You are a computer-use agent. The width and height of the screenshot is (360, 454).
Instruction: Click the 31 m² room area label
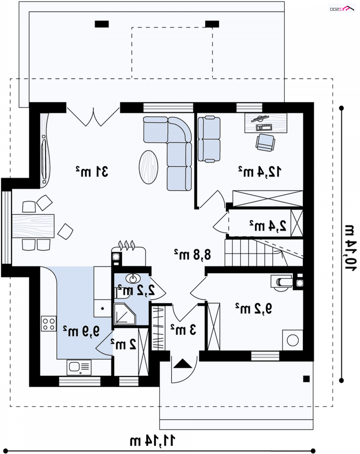tap(92, 171)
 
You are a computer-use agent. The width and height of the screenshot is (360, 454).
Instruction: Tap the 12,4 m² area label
tap(260, 171)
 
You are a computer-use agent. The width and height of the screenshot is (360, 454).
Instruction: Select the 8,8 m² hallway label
tap(193, 254)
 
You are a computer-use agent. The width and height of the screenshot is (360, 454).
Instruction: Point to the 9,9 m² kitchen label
tap(81, 331)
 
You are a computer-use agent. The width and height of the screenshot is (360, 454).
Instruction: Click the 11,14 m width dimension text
tap(153, 441)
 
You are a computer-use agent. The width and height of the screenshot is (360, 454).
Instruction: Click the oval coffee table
tap(148, 167)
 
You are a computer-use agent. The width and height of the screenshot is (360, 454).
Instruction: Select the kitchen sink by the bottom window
tap(79, 367)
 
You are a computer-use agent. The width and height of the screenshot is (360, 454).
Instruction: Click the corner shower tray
tap(125, 314)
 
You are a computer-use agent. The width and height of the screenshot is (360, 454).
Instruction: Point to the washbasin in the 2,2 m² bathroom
tap(133, 279)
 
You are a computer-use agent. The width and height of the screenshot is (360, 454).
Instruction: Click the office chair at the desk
tap(265, 142)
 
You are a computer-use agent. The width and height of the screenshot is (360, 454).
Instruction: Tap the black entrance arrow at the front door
tap(183, 363)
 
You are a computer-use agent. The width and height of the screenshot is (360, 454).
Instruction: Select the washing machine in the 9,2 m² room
tap(292, 340)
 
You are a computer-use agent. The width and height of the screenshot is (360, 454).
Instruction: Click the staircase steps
tap(264, 252)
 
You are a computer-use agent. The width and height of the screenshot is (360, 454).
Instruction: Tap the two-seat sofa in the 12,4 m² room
tap(209, 139)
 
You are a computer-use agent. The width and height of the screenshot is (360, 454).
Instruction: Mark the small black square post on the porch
tap(306, 379)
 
